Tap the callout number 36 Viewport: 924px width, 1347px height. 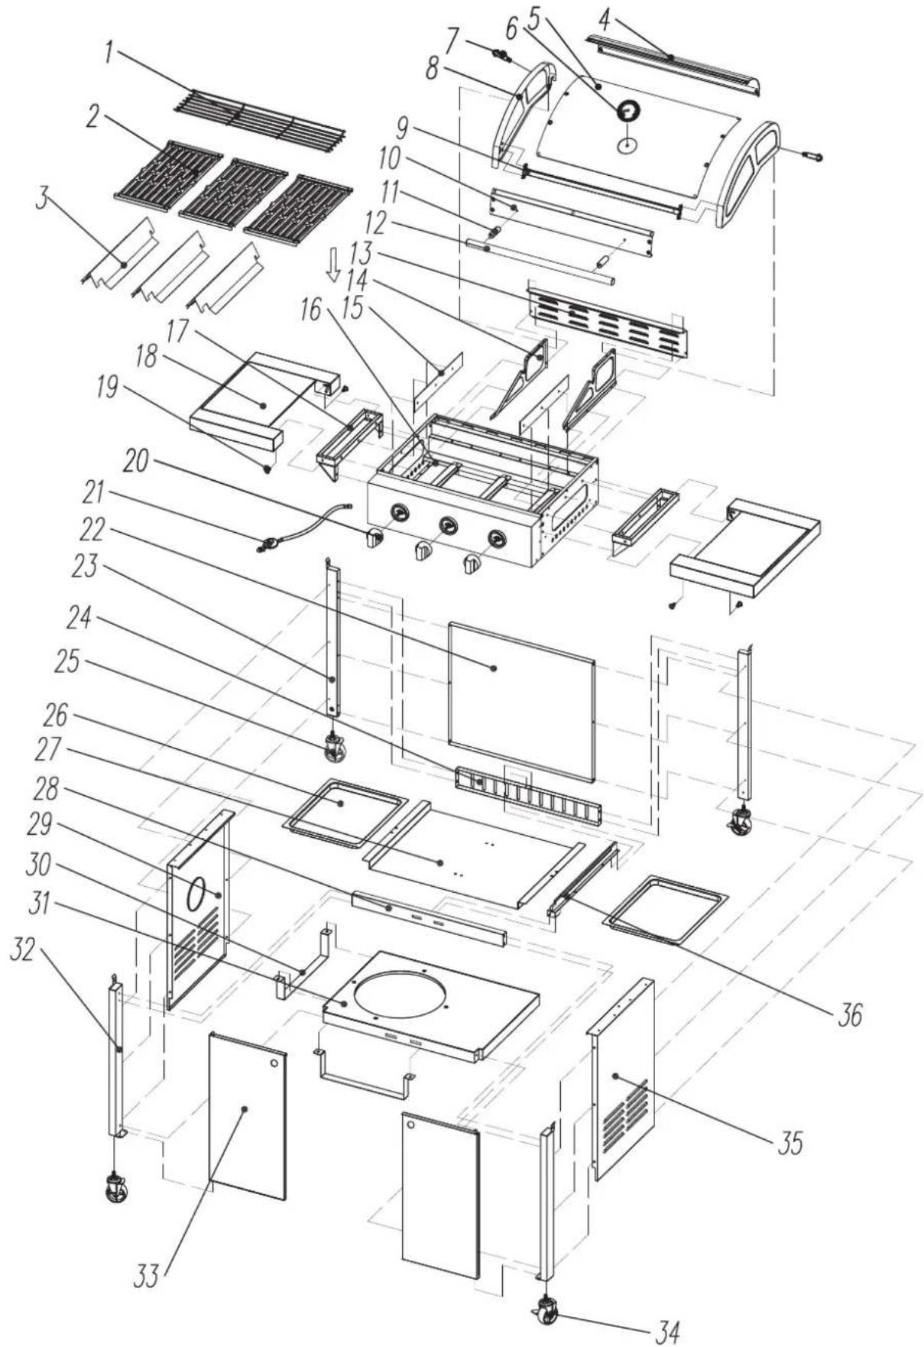pos(846,1016)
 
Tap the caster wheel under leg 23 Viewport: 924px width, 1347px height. pos(333,747)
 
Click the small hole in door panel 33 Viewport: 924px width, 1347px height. pos(273,1064)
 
